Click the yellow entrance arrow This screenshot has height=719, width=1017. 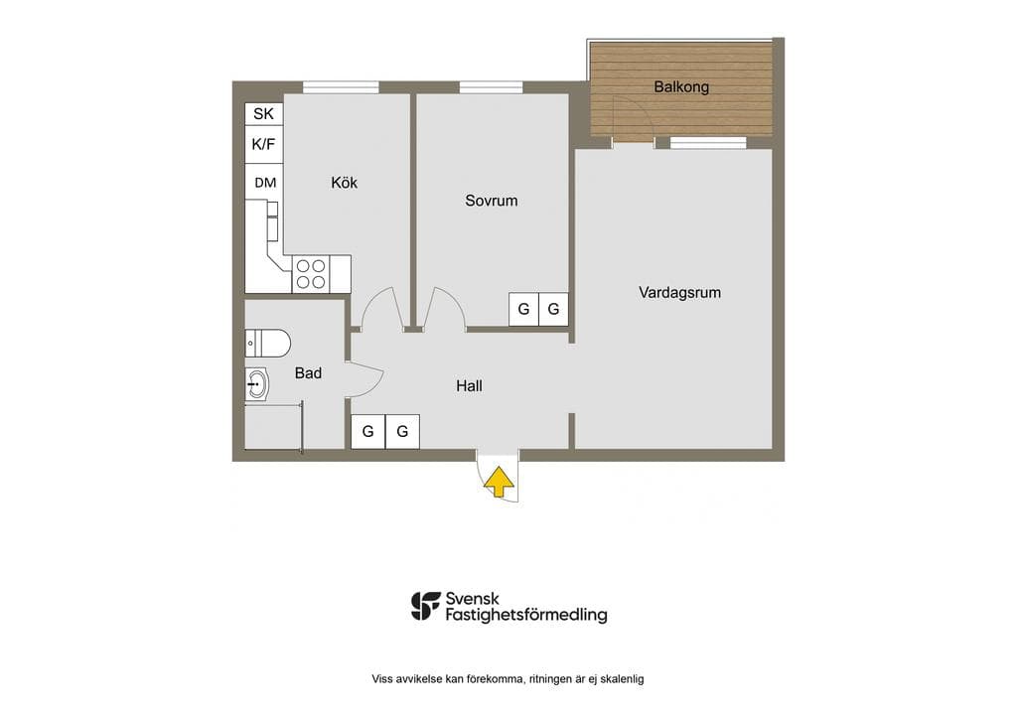pos(499,483)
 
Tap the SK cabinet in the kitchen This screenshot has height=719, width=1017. pos(263,113)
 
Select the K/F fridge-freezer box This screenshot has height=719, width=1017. pos(263,144)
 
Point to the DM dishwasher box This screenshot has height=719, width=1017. pos(263,182)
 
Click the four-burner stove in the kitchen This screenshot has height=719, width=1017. pos(311,274)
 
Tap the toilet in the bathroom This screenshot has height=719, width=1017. pos(267,343)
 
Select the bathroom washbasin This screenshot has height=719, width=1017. pos(257,383)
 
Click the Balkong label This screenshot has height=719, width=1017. pos(681,86)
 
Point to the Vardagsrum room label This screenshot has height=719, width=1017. pos(679,292)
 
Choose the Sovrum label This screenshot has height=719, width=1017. pos(491,201)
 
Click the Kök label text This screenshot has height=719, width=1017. pos(344,183)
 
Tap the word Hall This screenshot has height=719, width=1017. pos(469,385)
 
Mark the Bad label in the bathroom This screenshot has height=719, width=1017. pos(308,372)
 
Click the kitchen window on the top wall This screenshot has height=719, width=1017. pos(342,86)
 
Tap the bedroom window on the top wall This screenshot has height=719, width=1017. pos(491,86)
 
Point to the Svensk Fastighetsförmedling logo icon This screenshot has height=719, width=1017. pos(425,606)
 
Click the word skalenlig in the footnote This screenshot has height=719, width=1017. pos(622,679)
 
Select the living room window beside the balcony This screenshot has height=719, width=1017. pos(708,142)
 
